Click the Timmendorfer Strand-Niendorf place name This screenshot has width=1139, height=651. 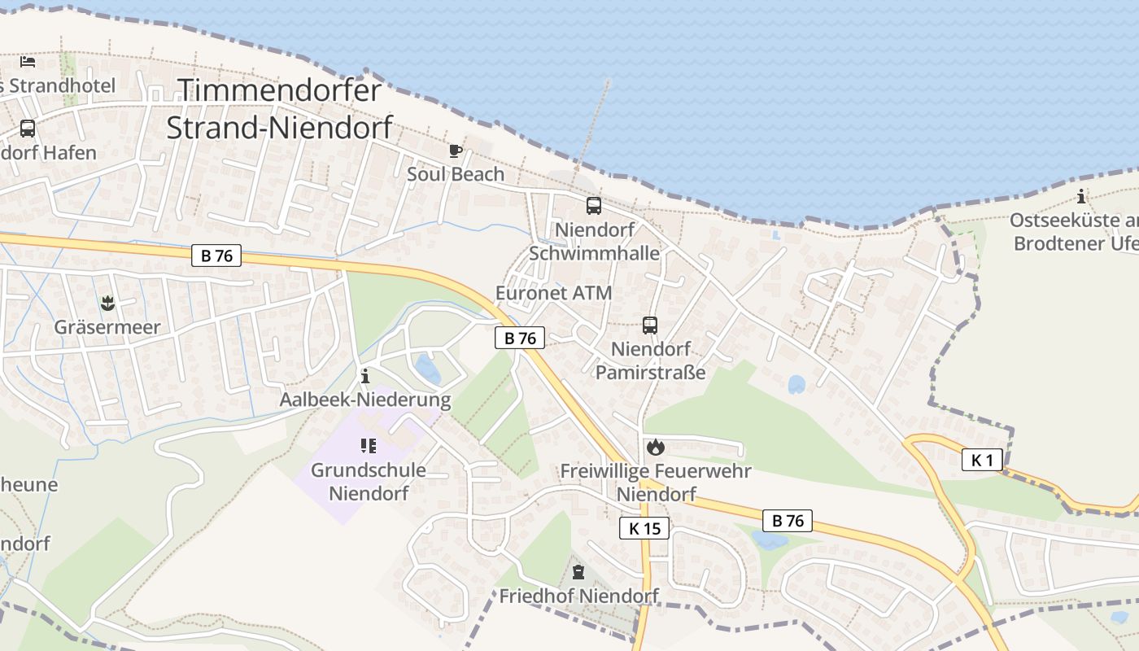(279, 108)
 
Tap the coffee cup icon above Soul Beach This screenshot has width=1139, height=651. (456, 151)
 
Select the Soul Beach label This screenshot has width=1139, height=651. (456, 174)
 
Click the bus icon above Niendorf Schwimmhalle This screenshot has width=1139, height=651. (594, 206)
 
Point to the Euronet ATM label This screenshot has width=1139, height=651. (553, 293)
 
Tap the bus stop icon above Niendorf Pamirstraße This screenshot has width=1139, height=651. (650, 325)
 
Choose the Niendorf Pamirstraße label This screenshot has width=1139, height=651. (650, 360)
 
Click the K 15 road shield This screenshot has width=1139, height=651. (644, 528)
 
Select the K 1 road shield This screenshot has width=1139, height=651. (982, 460)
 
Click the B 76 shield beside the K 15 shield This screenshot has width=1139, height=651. (788, 521)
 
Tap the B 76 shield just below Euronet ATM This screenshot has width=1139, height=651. (520, 338)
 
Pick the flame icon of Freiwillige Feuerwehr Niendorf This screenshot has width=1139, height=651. (656, 447)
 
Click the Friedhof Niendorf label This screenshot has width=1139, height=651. (578, 596)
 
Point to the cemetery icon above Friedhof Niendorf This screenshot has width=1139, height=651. (578, 572)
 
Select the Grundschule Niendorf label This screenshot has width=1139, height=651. (369, 482)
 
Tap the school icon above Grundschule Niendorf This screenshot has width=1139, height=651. (368, 446)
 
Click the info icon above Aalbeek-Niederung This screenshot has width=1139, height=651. (364, 376)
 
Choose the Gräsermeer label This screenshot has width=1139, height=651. (107, 327)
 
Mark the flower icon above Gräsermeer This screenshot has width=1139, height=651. (107, 304)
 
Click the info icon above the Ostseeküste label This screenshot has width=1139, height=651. (1080, 196)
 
